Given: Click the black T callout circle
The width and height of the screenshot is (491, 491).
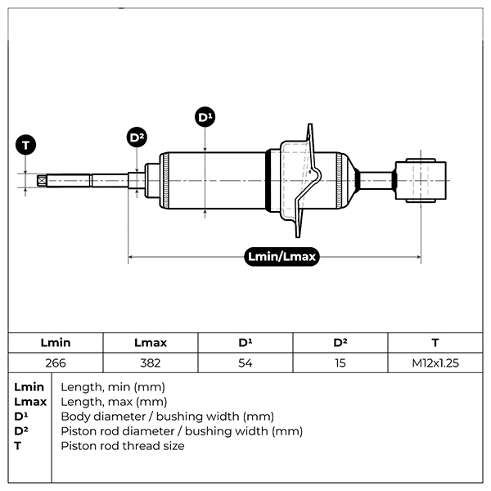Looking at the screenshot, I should [x=26, y=146].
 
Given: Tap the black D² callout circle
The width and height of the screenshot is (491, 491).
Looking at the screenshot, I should [x=137, y=137].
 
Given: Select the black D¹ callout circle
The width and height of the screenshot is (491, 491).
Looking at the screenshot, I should [x=205, y=118].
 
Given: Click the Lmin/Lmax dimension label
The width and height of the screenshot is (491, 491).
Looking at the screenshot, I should [x=282, y=257].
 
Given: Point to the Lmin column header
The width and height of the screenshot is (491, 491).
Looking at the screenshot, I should [x=56, y=343].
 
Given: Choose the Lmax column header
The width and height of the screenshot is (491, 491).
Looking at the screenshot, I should [x=150, y=343].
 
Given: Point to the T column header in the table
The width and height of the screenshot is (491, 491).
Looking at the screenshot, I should [x=435, y=343].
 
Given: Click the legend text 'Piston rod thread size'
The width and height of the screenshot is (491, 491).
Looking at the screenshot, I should [x=123, y=446].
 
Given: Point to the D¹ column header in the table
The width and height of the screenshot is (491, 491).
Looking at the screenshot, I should [x=245, y=343].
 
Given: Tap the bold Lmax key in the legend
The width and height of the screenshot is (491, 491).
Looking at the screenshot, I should [x=30, y=402].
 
